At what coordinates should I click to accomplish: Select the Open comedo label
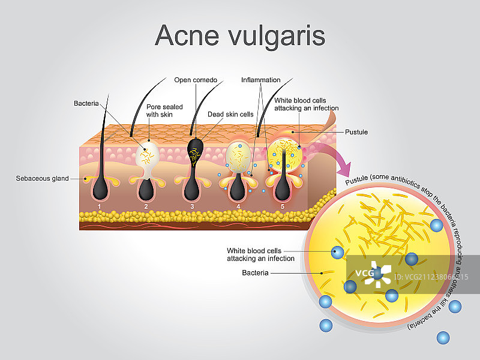196,80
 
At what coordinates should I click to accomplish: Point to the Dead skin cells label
230,114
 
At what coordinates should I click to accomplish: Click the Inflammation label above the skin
260,80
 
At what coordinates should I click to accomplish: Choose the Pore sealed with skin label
164,111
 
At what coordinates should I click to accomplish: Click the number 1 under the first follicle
99,206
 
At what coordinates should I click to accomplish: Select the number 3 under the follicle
192,206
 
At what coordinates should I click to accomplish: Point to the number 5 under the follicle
283,206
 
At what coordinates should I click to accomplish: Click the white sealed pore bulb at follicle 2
148,154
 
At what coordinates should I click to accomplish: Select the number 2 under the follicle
146,206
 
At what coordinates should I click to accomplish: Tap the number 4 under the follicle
238,206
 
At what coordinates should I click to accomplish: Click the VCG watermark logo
372,274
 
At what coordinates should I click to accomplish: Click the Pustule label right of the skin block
356,132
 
